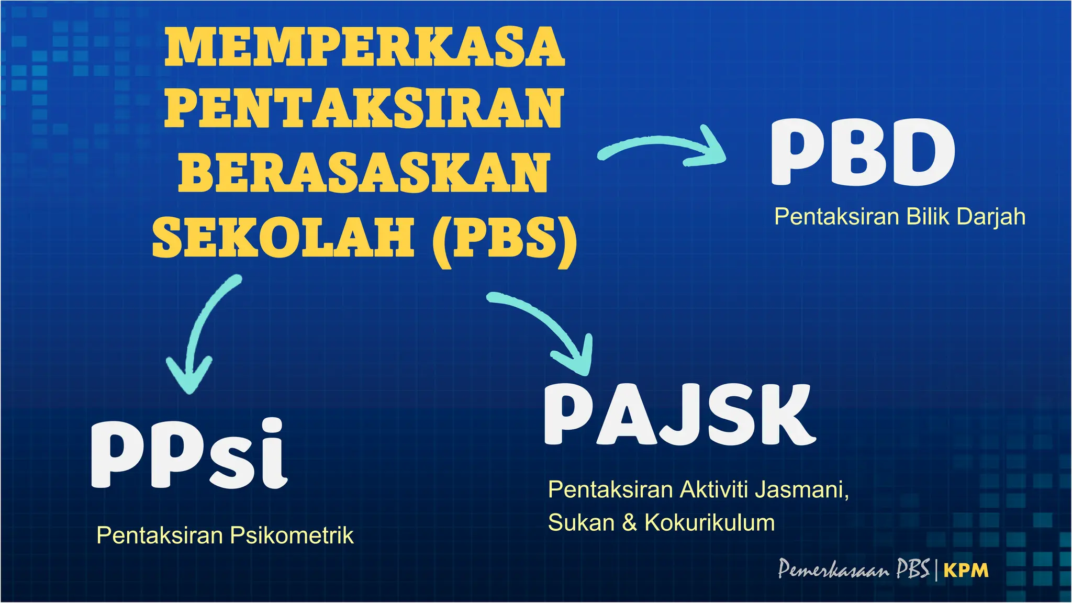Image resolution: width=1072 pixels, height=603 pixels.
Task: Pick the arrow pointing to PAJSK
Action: coord(550,330)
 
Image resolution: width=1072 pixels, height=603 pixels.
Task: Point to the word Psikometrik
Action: coord(292,535)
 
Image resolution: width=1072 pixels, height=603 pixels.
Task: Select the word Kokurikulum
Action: coord(709,522)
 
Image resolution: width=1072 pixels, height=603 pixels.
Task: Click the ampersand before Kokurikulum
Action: coord(629,523)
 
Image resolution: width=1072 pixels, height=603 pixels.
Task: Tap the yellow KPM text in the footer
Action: coord(966,571)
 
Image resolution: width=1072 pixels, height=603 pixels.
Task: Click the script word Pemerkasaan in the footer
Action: coord(833,569)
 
